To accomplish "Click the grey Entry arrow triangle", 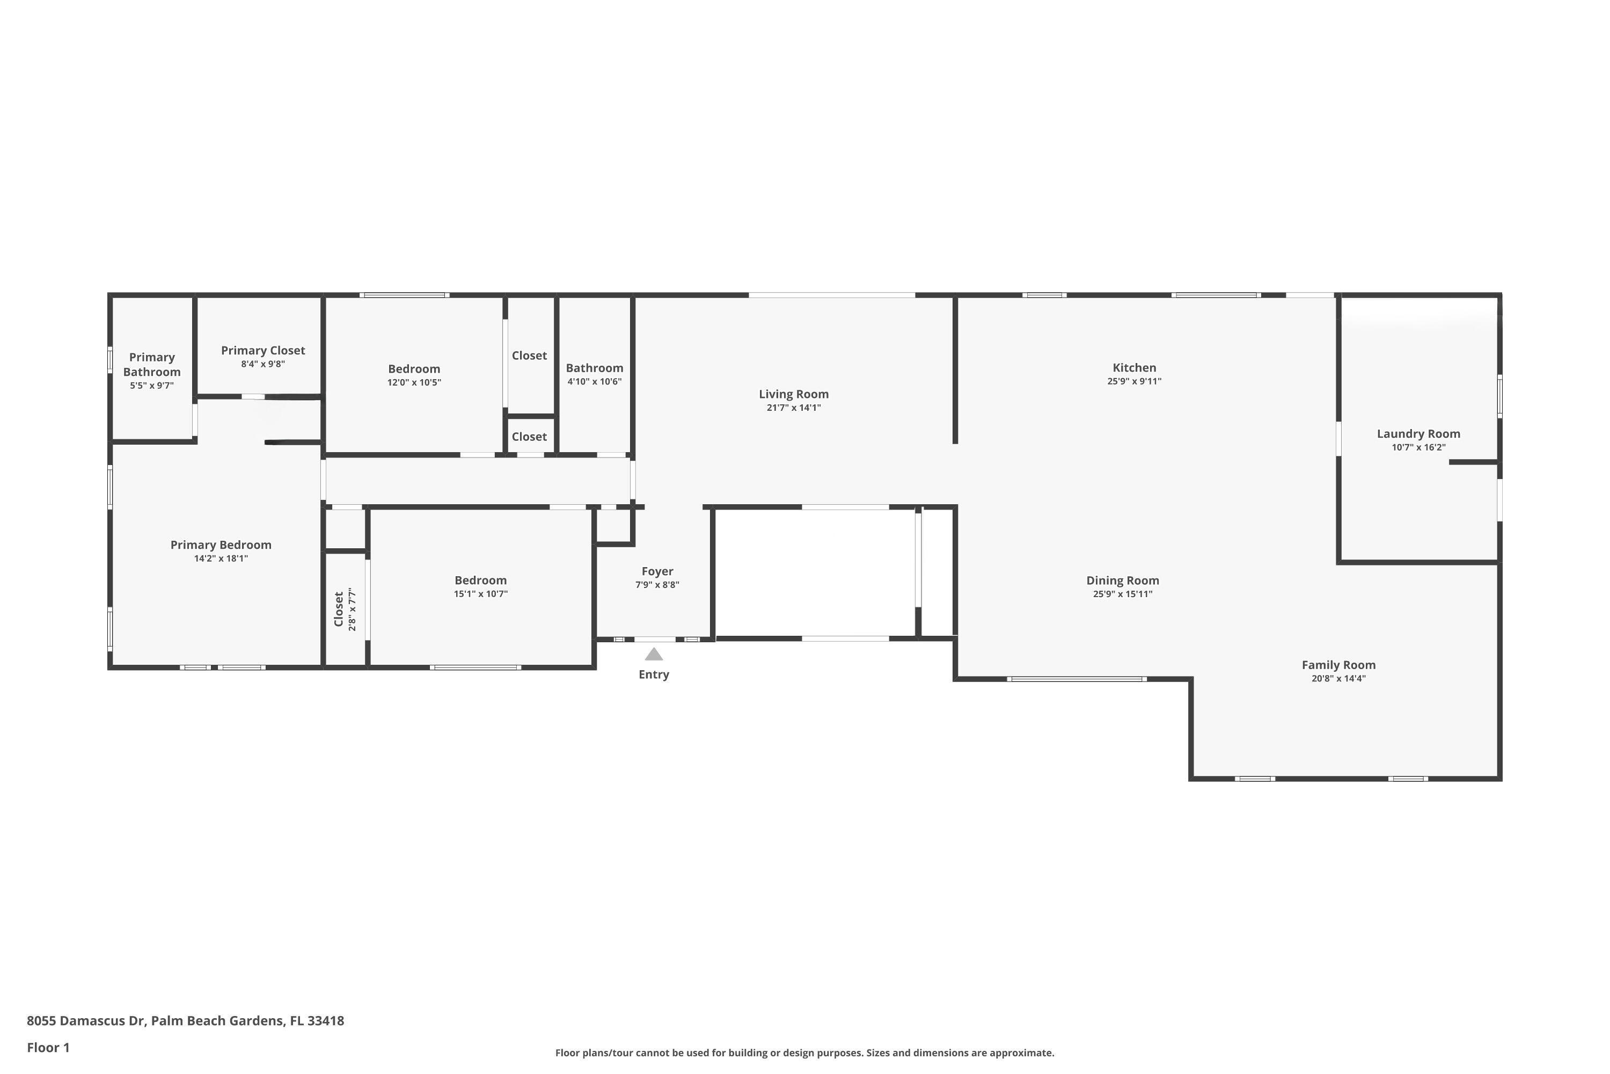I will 654,654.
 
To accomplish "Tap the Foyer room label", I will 657,571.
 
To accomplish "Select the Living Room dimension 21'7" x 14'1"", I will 793,408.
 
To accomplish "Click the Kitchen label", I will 1135,368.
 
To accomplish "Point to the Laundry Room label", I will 1418,433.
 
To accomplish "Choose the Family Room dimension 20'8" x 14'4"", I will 1338,679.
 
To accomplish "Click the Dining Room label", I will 1123,580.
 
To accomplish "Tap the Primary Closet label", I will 263,350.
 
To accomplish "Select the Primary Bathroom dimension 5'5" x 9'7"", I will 152,386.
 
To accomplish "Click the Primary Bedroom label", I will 221,545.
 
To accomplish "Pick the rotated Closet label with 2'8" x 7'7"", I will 339,609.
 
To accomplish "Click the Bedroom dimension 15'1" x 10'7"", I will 480,594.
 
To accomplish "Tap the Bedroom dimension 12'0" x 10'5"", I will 414,382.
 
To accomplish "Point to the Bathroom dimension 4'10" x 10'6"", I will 594,381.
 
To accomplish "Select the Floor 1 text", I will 48,1047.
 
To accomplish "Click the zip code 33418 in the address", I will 325,1021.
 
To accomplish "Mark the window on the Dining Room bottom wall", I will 1077,679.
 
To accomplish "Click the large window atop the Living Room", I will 832,295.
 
